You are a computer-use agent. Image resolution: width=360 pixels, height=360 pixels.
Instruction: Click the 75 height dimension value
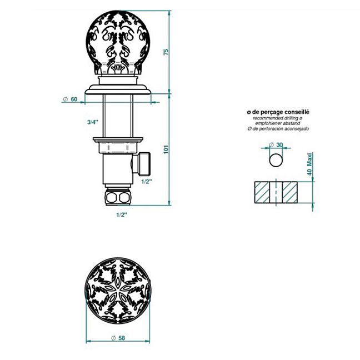(x=166, y=52)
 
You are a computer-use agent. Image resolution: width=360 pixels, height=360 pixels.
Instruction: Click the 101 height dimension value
(x=166, y=149)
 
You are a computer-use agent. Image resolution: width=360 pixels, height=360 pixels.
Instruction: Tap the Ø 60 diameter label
(x=70, y=99)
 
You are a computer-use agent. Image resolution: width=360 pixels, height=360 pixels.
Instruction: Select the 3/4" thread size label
(x=93, y=122)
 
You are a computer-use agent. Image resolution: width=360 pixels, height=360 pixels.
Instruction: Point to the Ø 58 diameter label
(x=118, y=338)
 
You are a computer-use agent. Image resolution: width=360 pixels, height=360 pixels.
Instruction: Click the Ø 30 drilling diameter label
(x=276, y=144)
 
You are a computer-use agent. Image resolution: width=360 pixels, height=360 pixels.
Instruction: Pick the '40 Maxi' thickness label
(x=309, y=164)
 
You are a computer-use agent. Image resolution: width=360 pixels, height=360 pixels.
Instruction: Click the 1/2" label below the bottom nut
(x=122, y=215)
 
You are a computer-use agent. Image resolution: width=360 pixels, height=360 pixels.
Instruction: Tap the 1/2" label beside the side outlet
(x=147, y=182)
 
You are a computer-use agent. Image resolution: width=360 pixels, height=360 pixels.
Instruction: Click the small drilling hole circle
(x=276, y=160)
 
